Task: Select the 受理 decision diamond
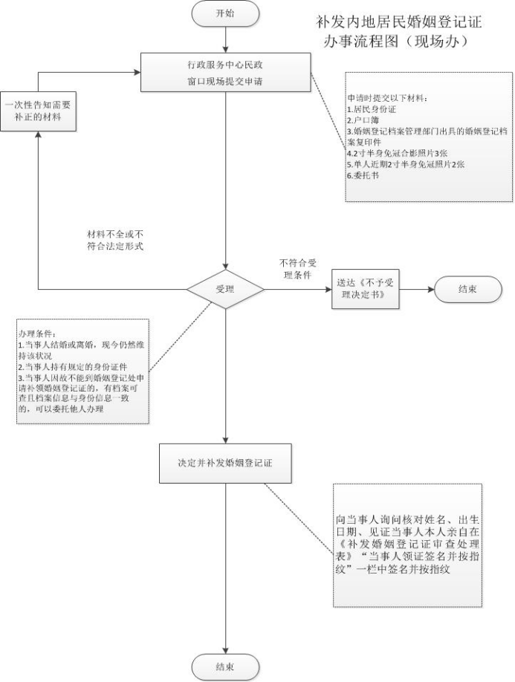click(x=224, y=288)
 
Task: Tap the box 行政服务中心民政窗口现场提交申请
click(x=224, y=72)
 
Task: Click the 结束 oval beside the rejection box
click(x=467, y=290)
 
